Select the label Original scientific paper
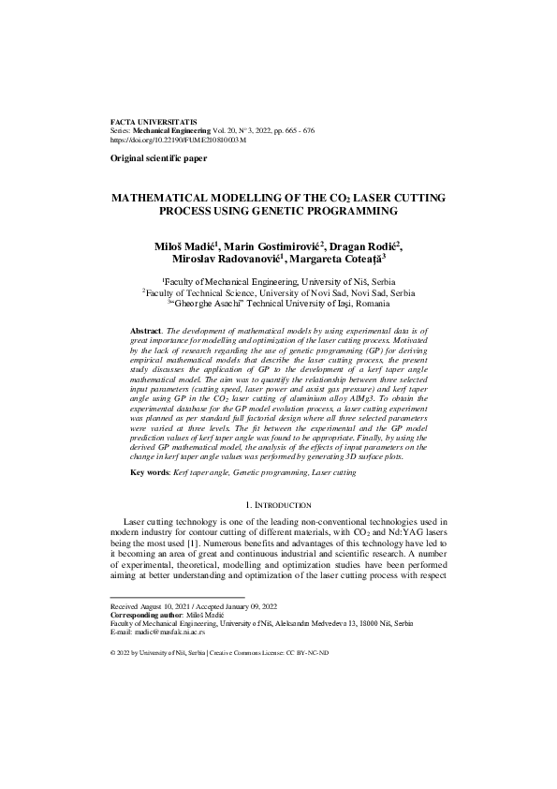click(158, 159)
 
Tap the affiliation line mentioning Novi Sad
click(278, 292)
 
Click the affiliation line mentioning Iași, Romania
click(278, 304)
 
